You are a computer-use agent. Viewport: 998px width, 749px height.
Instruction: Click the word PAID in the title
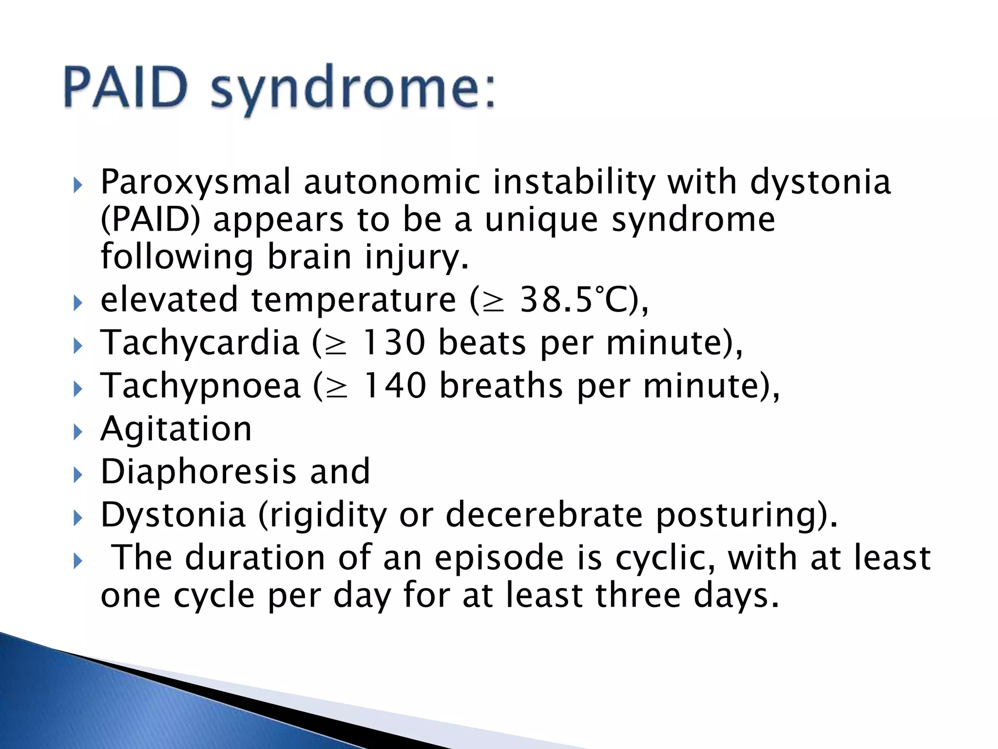(125, 88)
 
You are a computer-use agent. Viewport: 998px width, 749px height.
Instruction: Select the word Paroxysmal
(195, 182)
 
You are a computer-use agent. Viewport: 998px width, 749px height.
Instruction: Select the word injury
(417, 257)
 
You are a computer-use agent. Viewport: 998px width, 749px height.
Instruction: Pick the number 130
(394, 342)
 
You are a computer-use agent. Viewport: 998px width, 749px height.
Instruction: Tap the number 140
(395, 385)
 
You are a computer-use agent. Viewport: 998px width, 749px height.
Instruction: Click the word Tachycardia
(200, 342)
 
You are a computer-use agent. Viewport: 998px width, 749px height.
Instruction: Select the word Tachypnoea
(200, 385)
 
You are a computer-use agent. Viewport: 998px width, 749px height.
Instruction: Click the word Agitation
(176, 429)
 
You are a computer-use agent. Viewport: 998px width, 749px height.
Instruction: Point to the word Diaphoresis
(198, 472)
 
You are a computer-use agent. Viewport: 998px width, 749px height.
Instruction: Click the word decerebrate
(544, 514)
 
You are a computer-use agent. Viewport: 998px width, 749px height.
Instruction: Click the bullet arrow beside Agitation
(78, 432)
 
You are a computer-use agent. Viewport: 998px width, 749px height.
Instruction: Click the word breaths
(501, 385)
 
